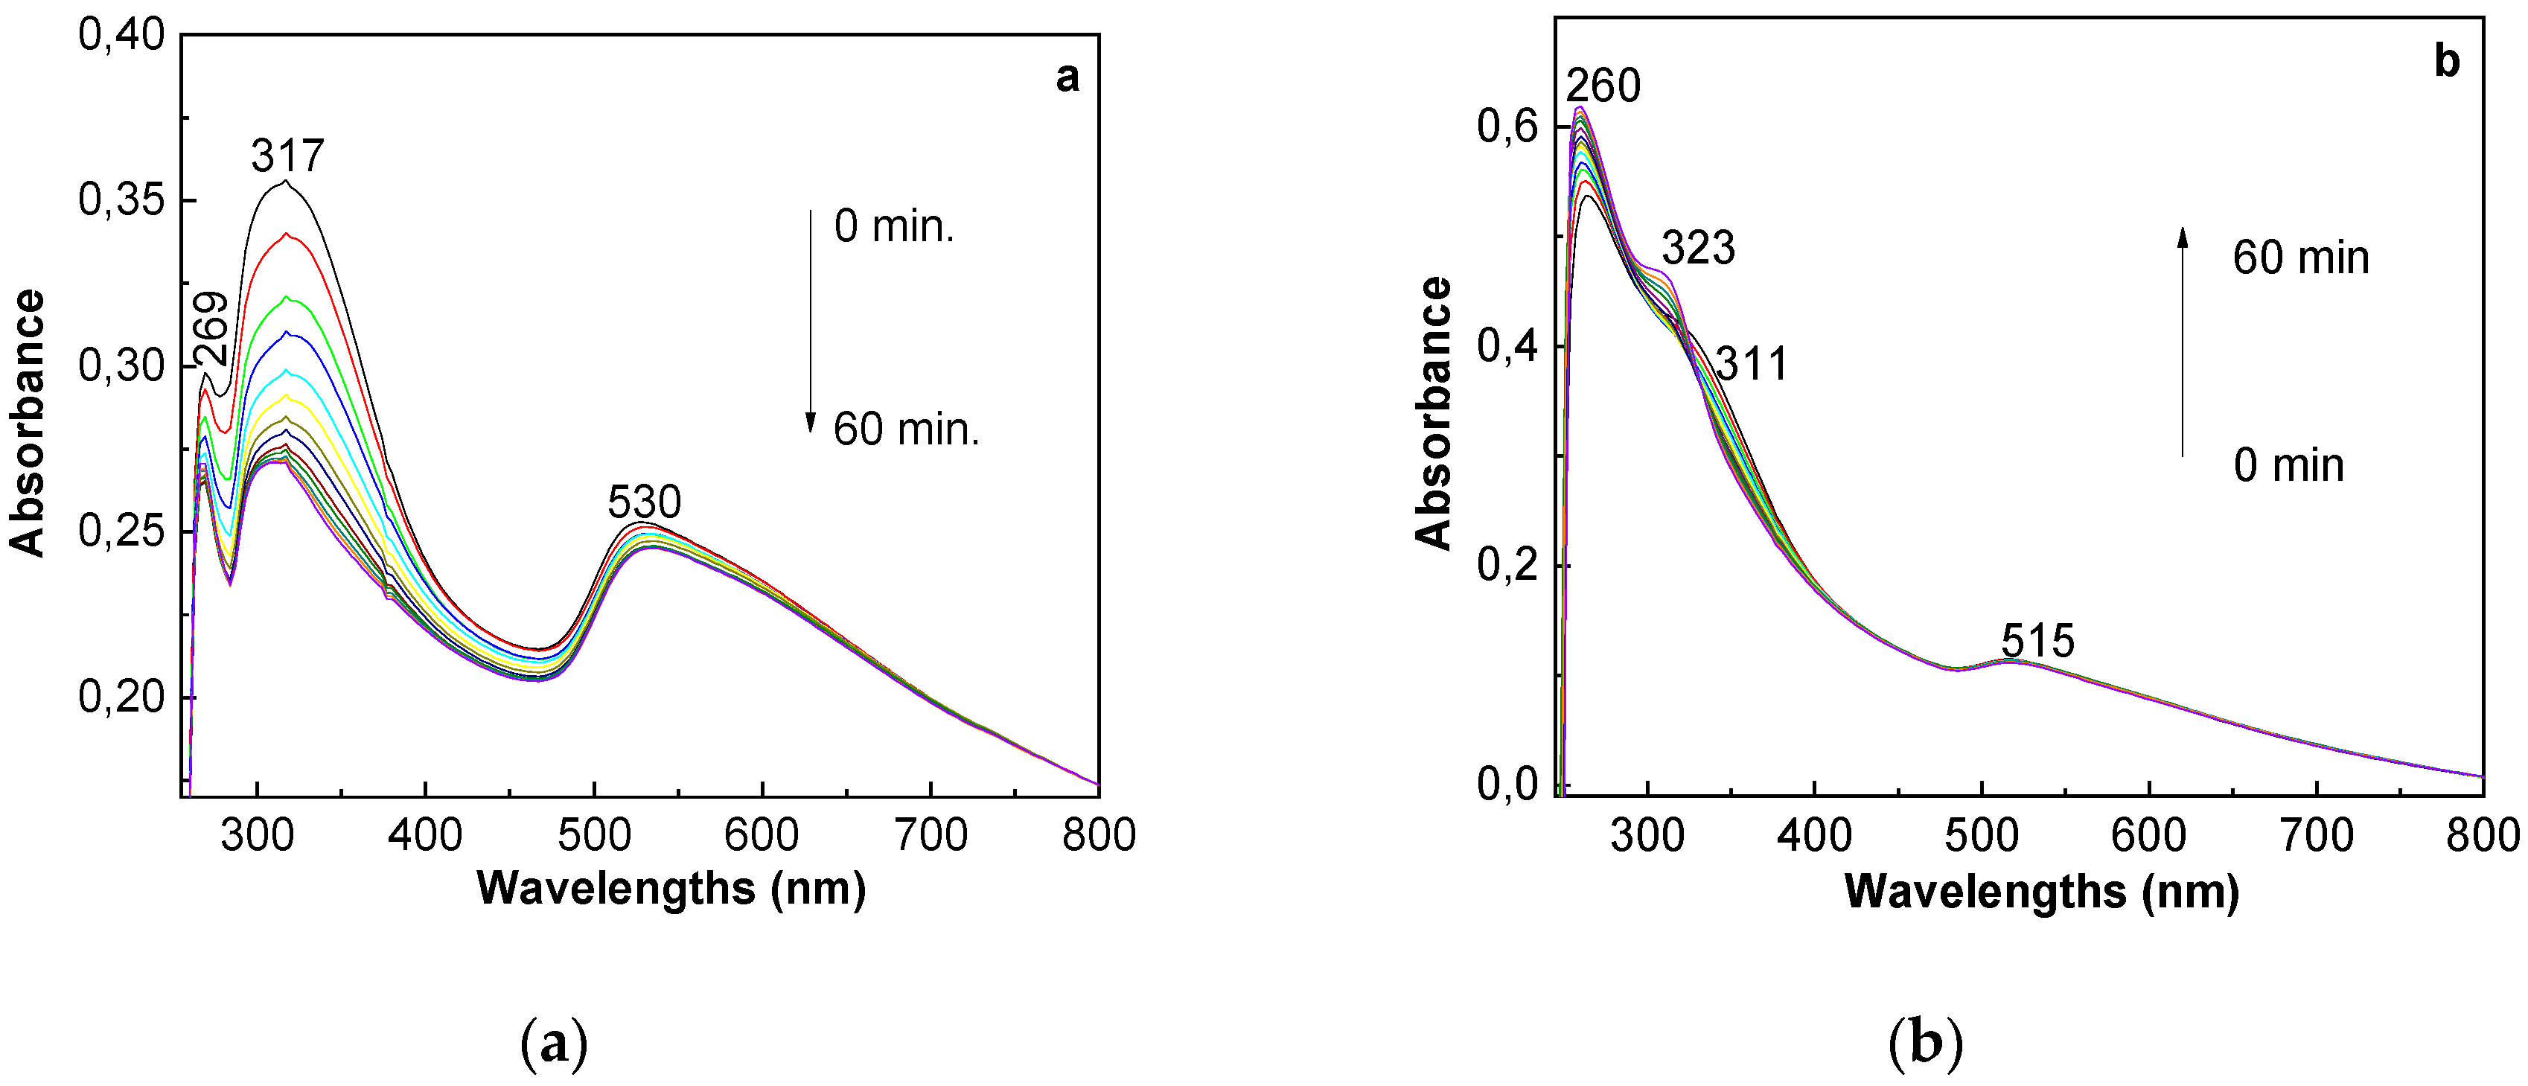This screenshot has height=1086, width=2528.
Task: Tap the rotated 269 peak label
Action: [x=211, y=329]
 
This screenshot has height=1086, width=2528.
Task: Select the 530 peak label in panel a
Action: [x=644, y=502]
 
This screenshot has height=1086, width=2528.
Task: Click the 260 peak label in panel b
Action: [x=1602, y=86]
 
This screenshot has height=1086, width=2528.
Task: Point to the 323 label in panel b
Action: [x=1698, y=248]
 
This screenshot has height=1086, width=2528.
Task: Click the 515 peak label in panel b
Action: [x=2037, y=642]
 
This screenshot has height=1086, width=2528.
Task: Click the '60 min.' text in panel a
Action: [x=906, y=429]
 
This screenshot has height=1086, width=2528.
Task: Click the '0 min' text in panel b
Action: [x=2288, y=465]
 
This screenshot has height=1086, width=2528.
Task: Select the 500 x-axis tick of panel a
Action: [x=593, y=836]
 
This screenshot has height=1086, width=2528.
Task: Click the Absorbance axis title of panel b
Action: [x=1434, y=412]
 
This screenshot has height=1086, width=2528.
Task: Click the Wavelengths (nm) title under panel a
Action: [x=671, y=889]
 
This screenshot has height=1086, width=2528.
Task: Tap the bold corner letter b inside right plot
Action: [x=2447, y=62]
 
